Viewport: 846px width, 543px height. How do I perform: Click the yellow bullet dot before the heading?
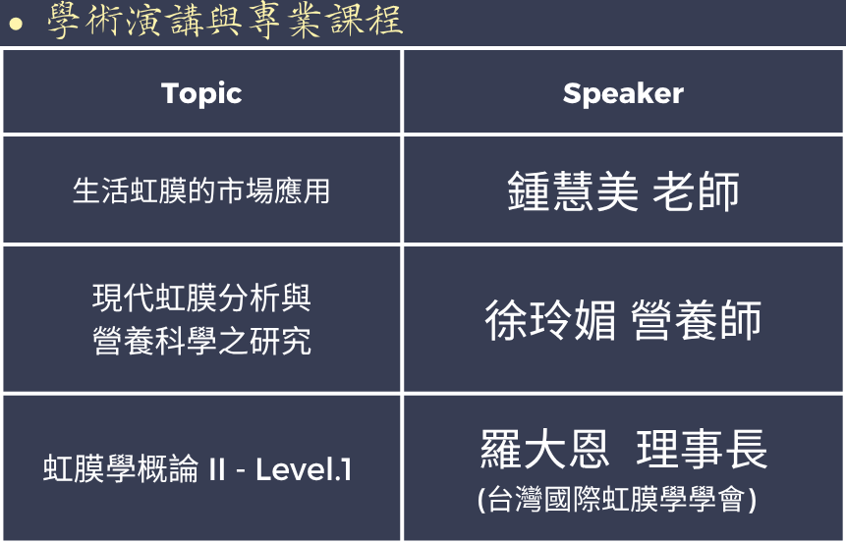16,24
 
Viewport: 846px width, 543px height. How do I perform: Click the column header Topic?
201,94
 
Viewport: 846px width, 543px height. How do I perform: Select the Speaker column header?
623,94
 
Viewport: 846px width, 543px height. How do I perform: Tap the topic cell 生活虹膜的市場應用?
201,190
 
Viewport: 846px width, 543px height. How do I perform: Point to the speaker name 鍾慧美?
573,190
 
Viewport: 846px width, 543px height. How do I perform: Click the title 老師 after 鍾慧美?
696,190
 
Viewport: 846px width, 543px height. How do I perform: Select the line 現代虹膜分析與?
201,298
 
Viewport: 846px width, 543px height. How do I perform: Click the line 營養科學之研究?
201,341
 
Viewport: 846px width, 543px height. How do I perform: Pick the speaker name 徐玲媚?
550,320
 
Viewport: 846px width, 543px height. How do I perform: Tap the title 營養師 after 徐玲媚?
696,320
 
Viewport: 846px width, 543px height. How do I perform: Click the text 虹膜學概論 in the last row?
121,468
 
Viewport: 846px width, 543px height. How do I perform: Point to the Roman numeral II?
216,469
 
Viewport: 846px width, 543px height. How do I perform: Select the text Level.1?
304,469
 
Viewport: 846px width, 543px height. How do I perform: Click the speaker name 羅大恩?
545,449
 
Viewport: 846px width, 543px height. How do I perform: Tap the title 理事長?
702,449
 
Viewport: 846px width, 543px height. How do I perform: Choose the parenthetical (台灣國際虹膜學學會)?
617,499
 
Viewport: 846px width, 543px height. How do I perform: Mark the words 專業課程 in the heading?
325,21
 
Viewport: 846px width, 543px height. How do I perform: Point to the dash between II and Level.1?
241,470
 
